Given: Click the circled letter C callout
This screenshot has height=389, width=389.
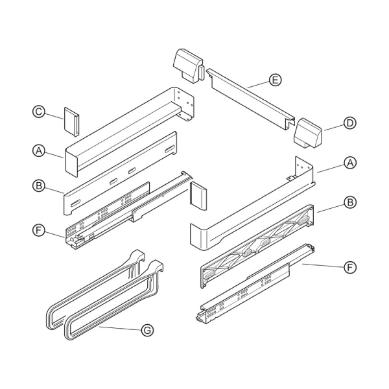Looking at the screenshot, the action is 39,112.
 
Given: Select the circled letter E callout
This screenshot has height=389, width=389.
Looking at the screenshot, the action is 275,80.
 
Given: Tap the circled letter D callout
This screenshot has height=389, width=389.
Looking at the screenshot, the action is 350,123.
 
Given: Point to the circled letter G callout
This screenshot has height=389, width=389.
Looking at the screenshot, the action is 147,331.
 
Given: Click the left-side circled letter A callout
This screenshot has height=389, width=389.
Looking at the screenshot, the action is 39,150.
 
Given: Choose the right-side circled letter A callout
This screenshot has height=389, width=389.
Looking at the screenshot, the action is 350,163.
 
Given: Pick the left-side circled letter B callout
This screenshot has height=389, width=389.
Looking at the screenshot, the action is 39,186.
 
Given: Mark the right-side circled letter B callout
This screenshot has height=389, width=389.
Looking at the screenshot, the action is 350,202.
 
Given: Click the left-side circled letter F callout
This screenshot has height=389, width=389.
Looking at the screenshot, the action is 39,230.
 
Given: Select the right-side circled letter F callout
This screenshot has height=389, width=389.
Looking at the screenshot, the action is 350,267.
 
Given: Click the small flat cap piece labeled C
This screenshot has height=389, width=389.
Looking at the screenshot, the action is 72,122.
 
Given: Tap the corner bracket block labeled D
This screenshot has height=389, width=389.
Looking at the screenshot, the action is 307,134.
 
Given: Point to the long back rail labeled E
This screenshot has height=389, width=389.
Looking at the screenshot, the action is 250,99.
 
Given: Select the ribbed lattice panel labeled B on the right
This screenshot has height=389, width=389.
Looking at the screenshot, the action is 257,246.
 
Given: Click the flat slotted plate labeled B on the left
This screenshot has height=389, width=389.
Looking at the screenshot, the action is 121,173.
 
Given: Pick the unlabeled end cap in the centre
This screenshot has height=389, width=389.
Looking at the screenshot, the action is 198,196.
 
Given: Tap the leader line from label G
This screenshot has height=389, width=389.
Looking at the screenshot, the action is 121,329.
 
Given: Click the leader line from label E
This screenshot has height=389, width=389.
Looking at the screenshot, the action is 258,84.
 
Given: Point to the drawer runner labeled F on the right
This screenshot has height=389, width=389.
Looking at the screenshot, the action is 255,284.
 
